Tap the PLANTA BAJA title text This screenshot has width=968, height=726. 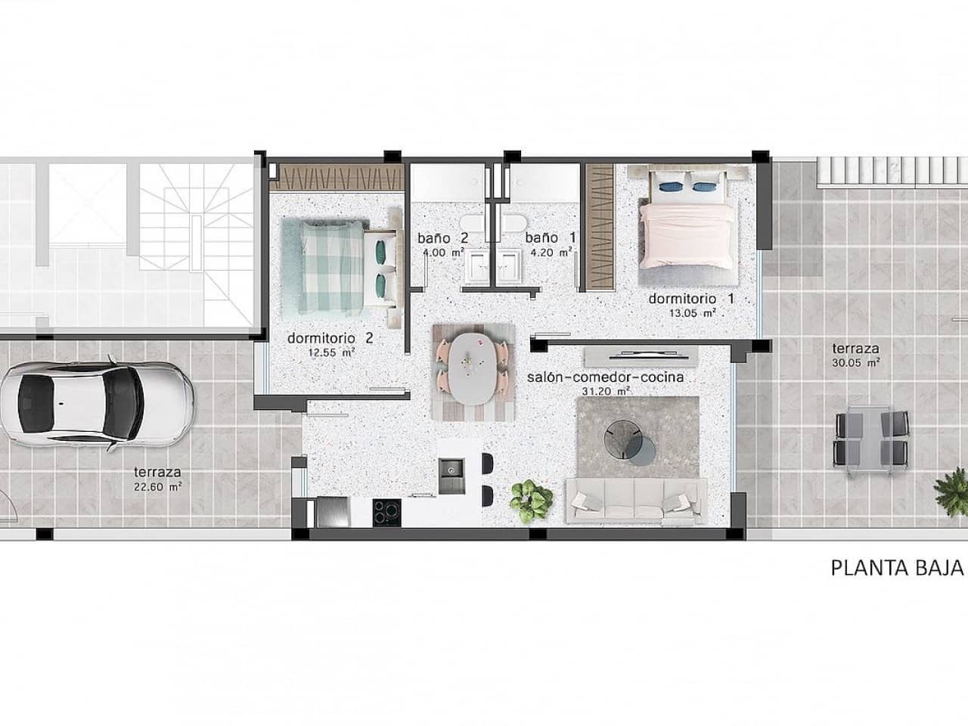point(898,568)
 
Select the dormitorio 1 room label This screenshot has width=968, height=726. point(691,299)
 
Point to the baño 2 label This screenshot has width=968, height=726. point(443,237)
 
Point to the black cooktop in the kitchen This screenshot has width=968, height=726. point(386,511)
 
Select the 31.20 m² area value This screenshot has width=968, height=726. point(613,392)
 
